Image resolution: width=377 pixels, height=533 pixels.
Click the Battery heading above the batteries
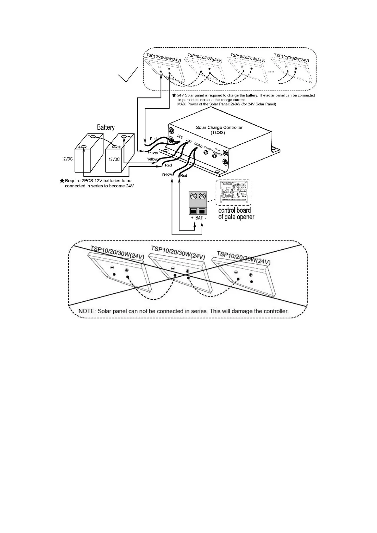[x=105, y=128]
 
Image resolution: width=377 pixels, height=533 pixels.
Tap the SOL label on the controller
[x=180, y=137]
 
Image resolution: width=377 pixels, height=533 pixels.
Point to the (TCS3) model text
[x=219, y=133]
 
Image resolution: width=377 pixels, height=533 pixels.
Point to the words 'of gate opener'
[x=236, y=217]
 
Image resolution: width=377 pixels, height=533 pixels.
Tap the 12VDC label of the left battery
[x=67, y=159]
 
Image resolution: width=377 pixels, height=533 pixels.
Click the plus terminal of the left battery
[x=84, y=147]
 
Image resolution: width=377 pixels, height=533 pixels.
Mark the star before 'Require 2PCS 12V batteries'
[x=62, y=181]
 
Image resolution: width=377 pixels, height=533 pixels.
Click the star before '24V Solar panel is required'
[x=174, y=95]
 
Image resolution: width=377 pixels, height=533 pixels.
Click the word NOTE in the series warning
[x=86, y=311]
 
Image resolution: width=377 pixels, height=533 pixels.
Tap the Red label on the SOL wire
[x=153, y=139]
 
